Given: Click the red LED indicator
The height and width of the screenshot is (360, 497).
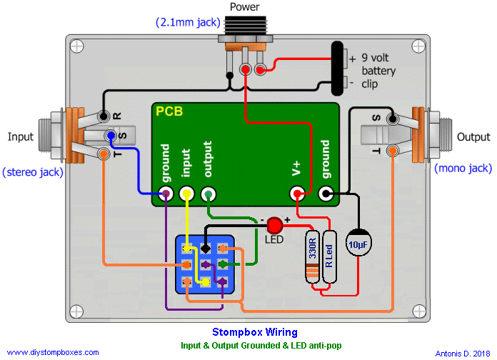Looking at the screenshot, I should (x=276, y=226).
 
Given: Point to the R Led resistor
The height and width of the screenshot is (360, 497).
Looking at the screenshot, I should (x=329, y=256).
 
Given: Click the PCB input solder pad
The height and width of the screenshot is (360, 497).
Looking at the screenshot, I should (x=186, y=194).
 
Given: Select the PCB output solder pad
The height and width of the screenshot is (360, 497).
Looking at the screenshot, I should (x=209, y=194).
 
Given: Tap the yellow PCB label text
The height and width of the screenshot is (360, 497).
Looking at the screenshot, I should (x=169, y=112).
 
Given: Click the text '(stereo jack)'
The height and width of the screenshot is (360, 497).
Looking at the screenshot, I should (x=33, y=171).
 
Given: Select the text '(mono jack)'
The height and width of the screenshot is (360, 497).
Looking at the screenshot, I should (x=463, y=168).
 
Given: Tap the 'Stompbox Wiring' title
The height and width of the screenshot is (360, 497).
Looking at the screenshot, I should (x=254, y=332).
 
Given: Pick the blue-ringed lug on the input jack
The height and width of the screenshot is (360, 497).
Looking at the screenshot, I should (x=111, y=136).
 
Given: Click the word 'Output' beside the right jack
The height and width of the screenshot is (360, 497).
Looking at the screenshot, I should (x=474, y=136).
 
